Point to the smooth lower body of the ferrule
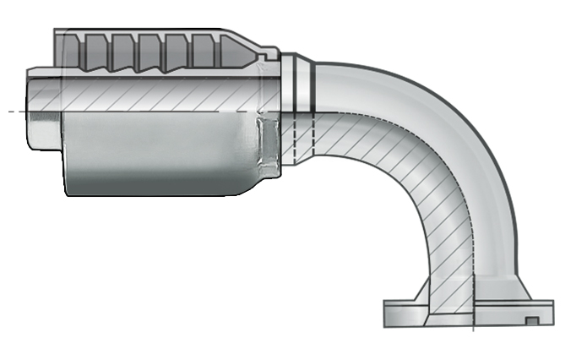click(160, 156)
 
